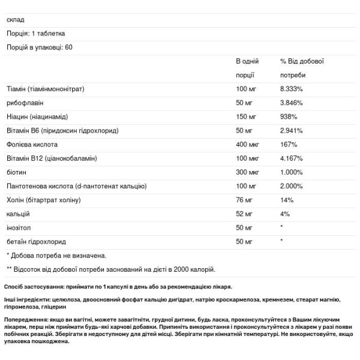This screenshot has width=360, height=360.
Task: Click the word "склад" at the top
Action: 15,19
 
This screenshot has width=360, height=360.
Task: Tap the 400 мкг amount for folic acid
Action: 249,145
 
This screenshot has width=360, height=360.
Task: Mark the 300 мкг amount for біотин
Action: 249,172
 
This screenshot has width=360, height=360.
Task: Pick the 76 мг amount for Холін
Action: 245,200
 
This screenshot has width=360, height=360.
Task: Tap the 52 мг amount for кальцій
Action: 245,214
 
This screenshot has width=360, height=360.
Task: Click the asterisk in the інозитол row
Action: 282,227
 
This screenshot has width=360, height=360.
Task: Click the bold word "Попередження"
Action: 28,321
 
